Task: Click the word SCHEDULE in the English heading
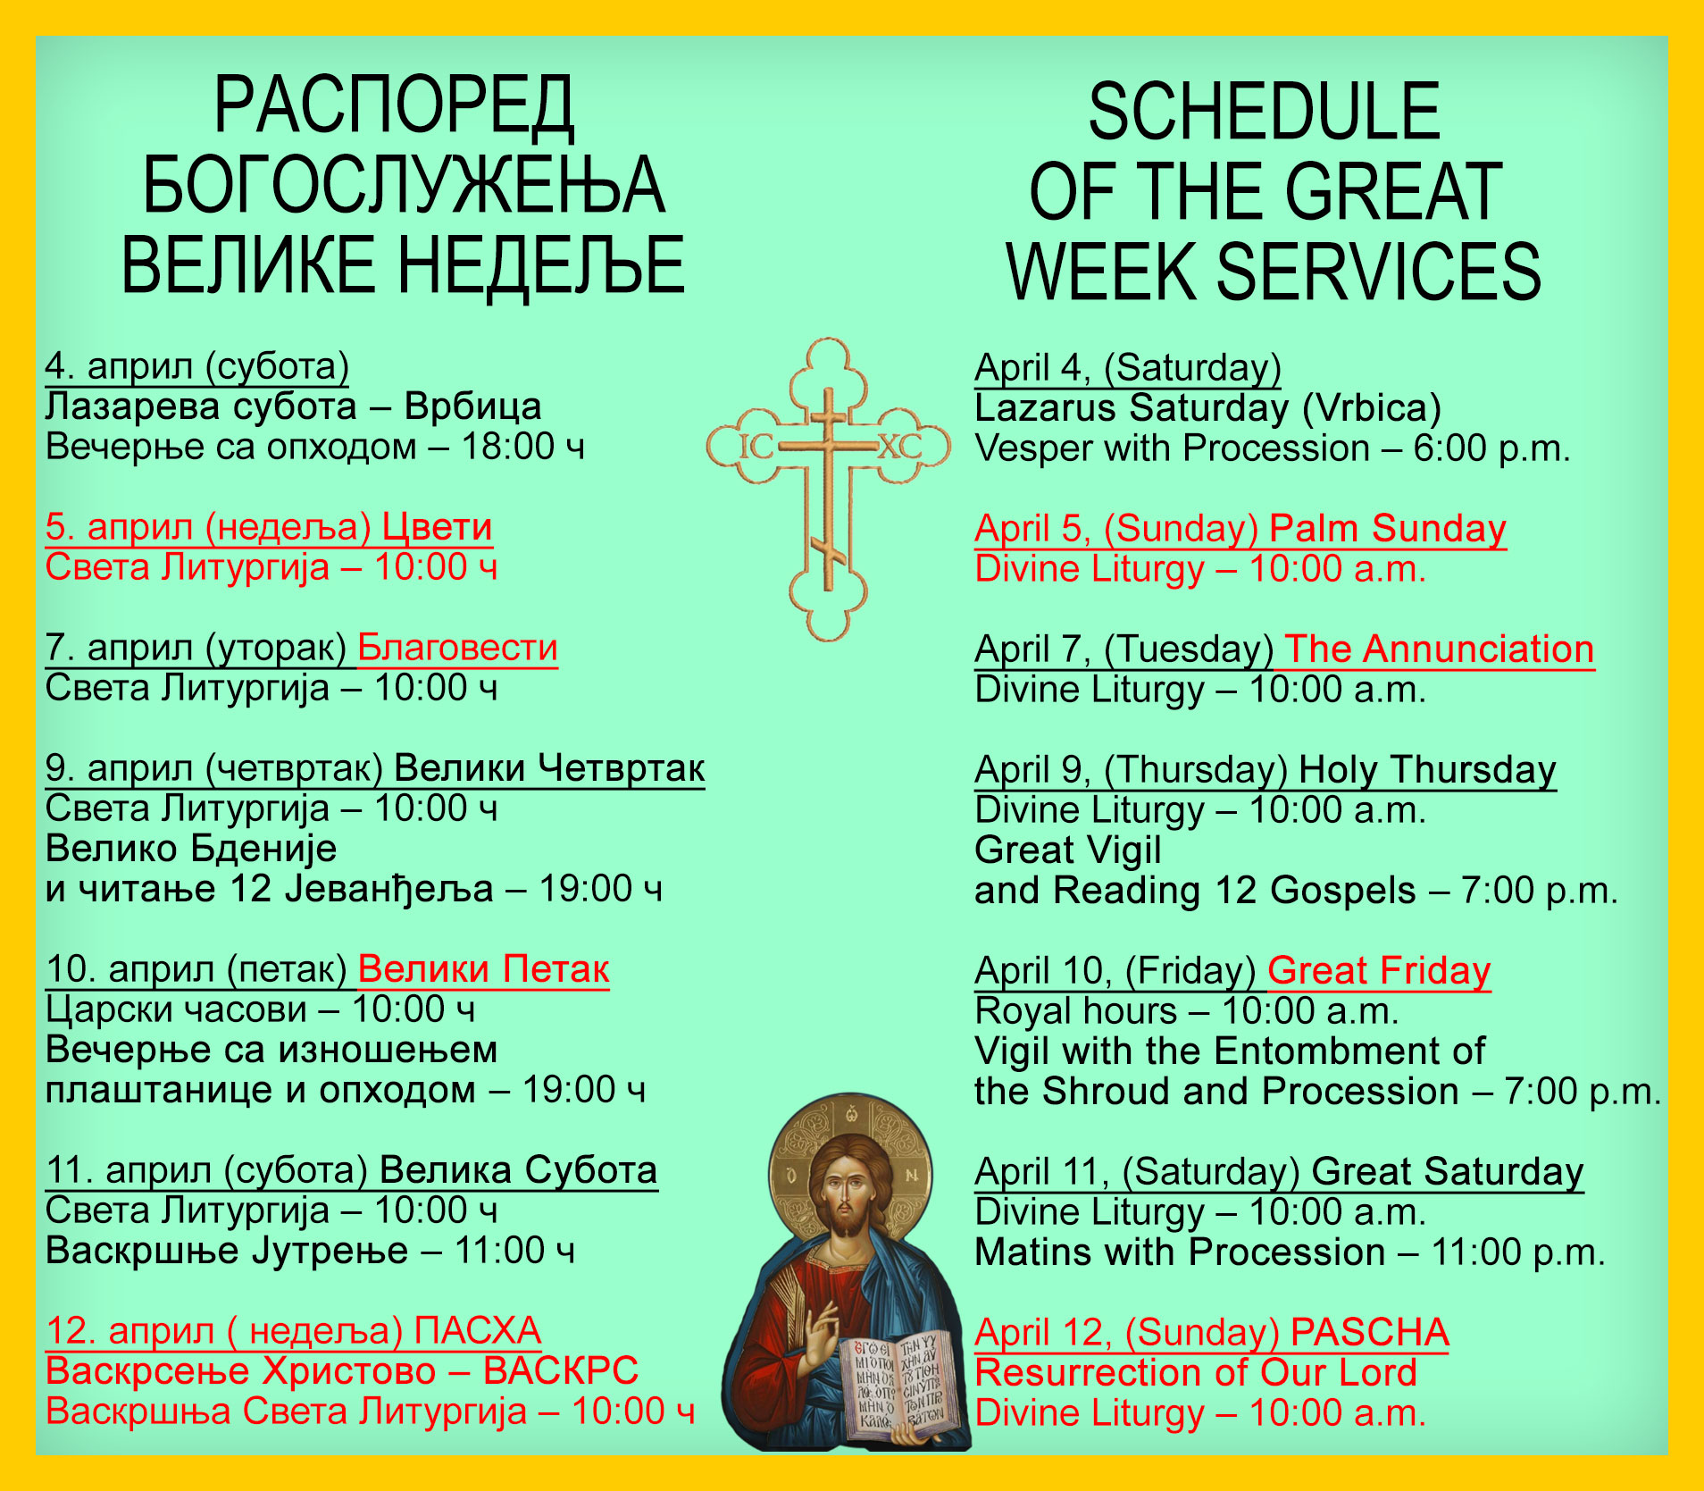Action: [x=1264, y=111]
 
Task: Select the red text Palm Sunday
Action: [x=1388, y=529]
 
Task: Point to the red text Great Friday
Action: [x=1379, y=971]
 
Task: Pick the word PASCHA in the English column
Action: [x=1369, y=1332]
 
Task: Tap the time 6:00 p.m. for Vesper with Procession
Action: [x=1491, y=448]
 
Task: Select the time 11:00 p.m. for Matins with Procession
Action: [x=1518, y=1252]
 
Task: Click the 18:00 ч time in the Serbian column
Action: [x=522, y=447]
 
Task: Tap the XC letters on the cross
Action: [x=899, y=446]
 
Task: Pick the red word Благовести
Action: [x=457, y=648]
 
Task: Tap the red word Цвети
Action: [x=437, y=527]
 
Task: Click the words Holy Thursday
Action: [x=1427, y=770]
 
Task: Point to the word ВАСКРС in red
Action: [x=561, y=1370]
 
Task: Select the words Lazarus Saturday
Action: [x=1132, y=408]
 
